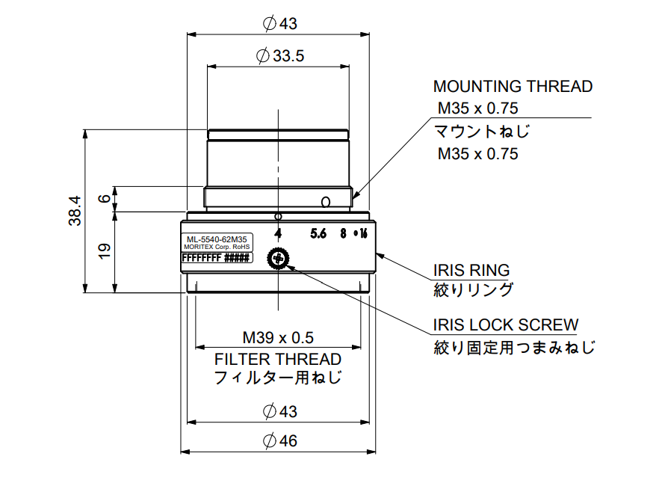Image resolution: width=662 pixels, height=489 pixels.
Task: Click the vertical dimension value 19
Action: click(x=105, y=251)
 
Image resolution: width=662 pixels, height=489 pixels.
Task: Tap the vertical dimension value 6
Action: click(x=105, y=199)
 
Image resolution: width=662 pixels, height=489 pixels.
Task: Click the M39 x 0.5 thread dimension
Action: click(x=278, y=336)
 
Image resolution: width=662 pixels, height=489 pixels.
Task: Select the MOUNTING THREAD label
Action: click(x=513, y=87)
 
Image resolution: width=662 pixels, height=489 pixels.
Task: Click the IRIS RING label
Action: click(x=471, y=270)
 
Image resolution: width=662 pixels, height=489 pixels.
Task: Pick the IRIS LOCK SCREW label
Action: click(x=506, y=325)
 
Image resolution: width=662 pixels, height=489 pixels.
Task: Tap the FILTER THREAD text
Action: click(x=278, y=359)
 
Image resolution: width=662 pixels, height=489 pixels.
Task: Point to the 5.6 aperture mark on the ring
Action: click(x=319, y=233)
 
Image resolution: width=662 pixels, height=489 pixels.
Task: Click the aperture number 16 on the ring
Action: click(x=363, y=233)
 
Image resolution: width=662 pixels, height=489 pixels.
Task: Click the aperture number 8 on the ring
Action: click(x=343, y=233)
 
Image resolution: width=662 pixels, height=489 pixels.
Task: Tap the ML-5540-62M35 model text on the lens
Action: click(x=217, y=239)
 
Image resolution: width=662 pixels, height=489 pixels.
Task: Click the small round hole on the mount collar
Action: click(x=325, y=201)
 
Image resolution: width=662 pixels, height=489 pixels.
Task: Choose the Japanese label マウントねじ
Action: click(x=483, y=132)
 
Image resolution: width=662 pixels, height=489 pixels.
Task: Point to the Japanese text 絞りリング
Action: click(x=474, y=289)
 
